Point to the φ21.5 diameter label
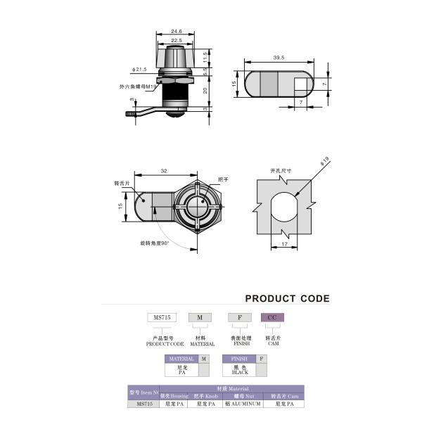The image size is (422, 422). (139, 70)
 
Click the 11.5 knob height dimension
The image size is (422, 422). (205, 56)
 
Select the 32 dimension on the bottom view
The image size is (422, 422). (164, 171)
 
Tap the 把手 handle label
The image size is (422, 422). (224, 180)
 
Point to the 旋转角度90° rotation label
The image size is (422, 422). (155, 243)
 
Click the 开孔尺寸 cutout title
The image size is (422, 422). (281, 171)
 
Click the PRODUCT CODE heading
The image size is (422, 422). (287, 298)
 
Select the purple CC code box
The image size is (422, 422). (271, 317)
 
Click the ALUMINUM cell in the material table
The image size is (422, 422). (243, 404)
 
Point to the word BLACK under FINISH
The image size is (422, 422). (240, 373)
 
